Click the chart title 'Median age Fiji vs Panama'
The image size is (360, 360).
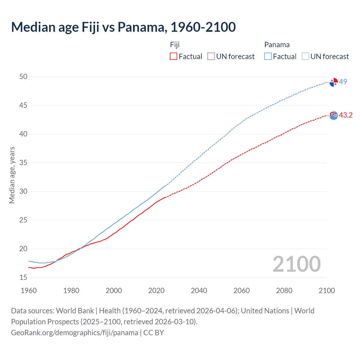123,27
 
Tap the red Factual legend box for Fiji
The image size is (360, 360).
174,57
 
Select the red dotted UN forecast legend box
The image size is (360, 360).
211,57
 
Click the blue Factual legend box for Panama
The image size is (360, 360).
268,57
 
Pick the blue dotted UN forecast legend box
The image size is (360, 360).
305,57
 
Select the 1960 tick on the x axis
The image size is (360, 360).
29,291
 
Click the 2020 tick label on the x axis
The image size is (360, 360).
156,291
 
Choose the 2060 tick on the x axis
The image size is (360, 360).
242,291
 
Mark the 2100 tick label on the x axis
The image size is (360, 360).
327,291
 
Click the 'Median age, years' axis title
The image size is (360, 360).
12,175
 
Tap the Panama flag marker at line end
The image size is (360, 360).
334,82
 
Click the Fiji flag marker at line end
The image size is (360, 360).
334,115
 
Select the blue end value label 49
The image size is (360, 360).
343,82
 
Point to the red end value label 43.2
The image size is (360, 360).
346,115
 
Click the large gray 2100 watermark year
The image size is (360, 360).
297,264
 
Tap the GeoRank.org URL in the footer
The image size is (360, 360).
75,333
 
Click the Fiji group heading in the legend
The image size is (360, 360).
175,45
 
